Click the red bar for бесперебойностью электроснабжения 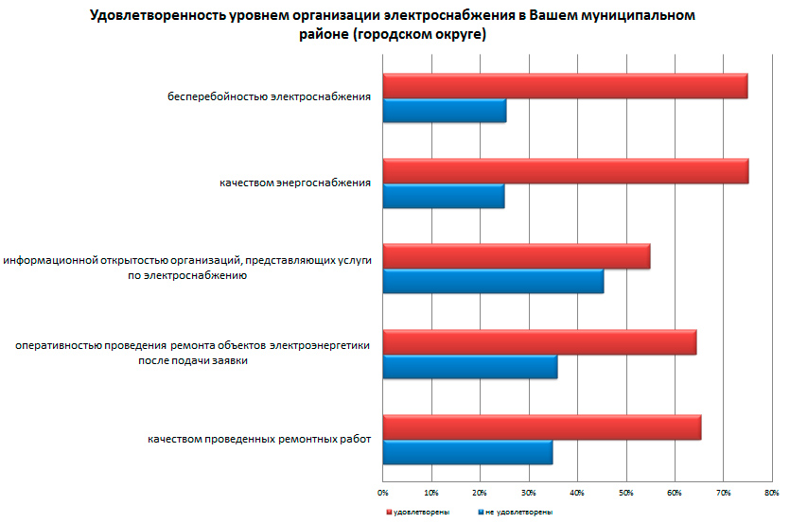[x=565, y=85]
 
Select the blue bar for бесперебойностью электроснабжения [x=444, y=111]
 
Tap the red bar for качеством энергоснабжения [x=565, y=171]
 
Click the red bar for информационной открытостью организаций [x=516, y=256]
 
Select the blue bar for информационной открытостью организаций [x=493, y=282]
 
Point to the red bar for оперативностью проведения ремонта [x=539, y=341]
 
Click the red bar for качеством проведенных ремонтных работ [x=541, y=427]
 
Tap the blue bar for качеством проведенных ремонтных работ [x=467, y=453]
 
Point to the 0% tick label [x=383, y=493]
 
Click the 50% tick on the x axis [x=625, y=493]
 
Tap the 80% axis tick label [x=771, y=493]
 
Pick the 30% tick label [x=529, y=493]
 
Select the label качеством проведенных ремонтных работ [x=258, y=439]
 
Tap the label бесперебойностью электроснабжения [x=269, y=96]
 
